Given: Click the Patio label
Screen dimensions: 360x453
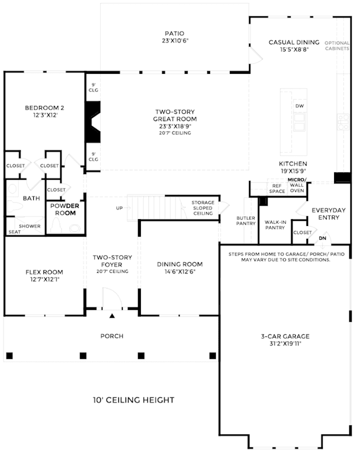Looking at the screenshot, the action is point(175,37).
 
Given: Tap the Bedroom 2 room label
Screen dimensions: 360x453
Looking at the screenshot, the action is point(45,111).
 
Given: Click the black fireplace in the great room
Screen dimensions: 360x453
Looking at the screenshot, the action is point(93,122).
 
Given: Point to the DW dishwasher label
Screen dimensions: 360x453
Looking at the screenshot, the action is point(300,106).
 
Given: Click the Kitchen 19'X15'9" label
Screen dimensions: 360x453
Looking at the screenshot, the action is point(293,167).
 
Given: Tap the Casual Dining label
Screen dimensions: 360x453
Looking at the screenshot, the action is point(294,46).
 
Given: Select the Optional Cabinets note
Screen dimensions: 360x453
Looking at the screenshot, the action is point(337,46).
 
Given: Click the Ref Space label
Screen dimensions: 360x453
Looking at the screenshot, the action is point(277,188).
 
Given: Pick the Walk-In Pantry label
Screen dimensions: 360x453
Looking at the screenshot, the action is point(275,225).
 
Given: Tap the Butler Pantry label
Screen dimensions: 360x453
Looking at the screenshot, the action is point(246,221).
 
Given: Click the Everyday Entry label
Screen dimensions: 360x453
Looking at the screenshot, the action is point(329,214).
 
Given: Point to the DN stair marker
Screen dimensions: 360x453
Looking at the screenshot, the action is point(322,238).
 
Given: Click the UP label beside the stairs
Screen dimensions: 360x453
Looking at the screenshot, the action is point(119,208).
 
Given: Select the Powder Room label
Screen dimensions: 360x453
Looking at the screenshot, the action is point(65,210).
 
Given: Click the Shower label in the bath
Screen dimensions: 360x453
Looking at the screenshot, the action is point(30,226).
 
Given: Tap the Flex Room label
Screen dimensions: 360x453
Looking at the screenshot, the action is point(44,276).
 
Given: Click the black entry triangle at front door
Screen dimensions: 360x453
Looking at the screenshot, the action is point(112,316).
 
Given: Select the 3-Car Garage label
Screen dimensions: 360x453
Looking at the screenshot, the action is point(285,340).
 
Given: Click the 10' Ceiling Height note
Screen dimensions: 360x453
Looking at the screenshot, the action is point(134,400).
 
